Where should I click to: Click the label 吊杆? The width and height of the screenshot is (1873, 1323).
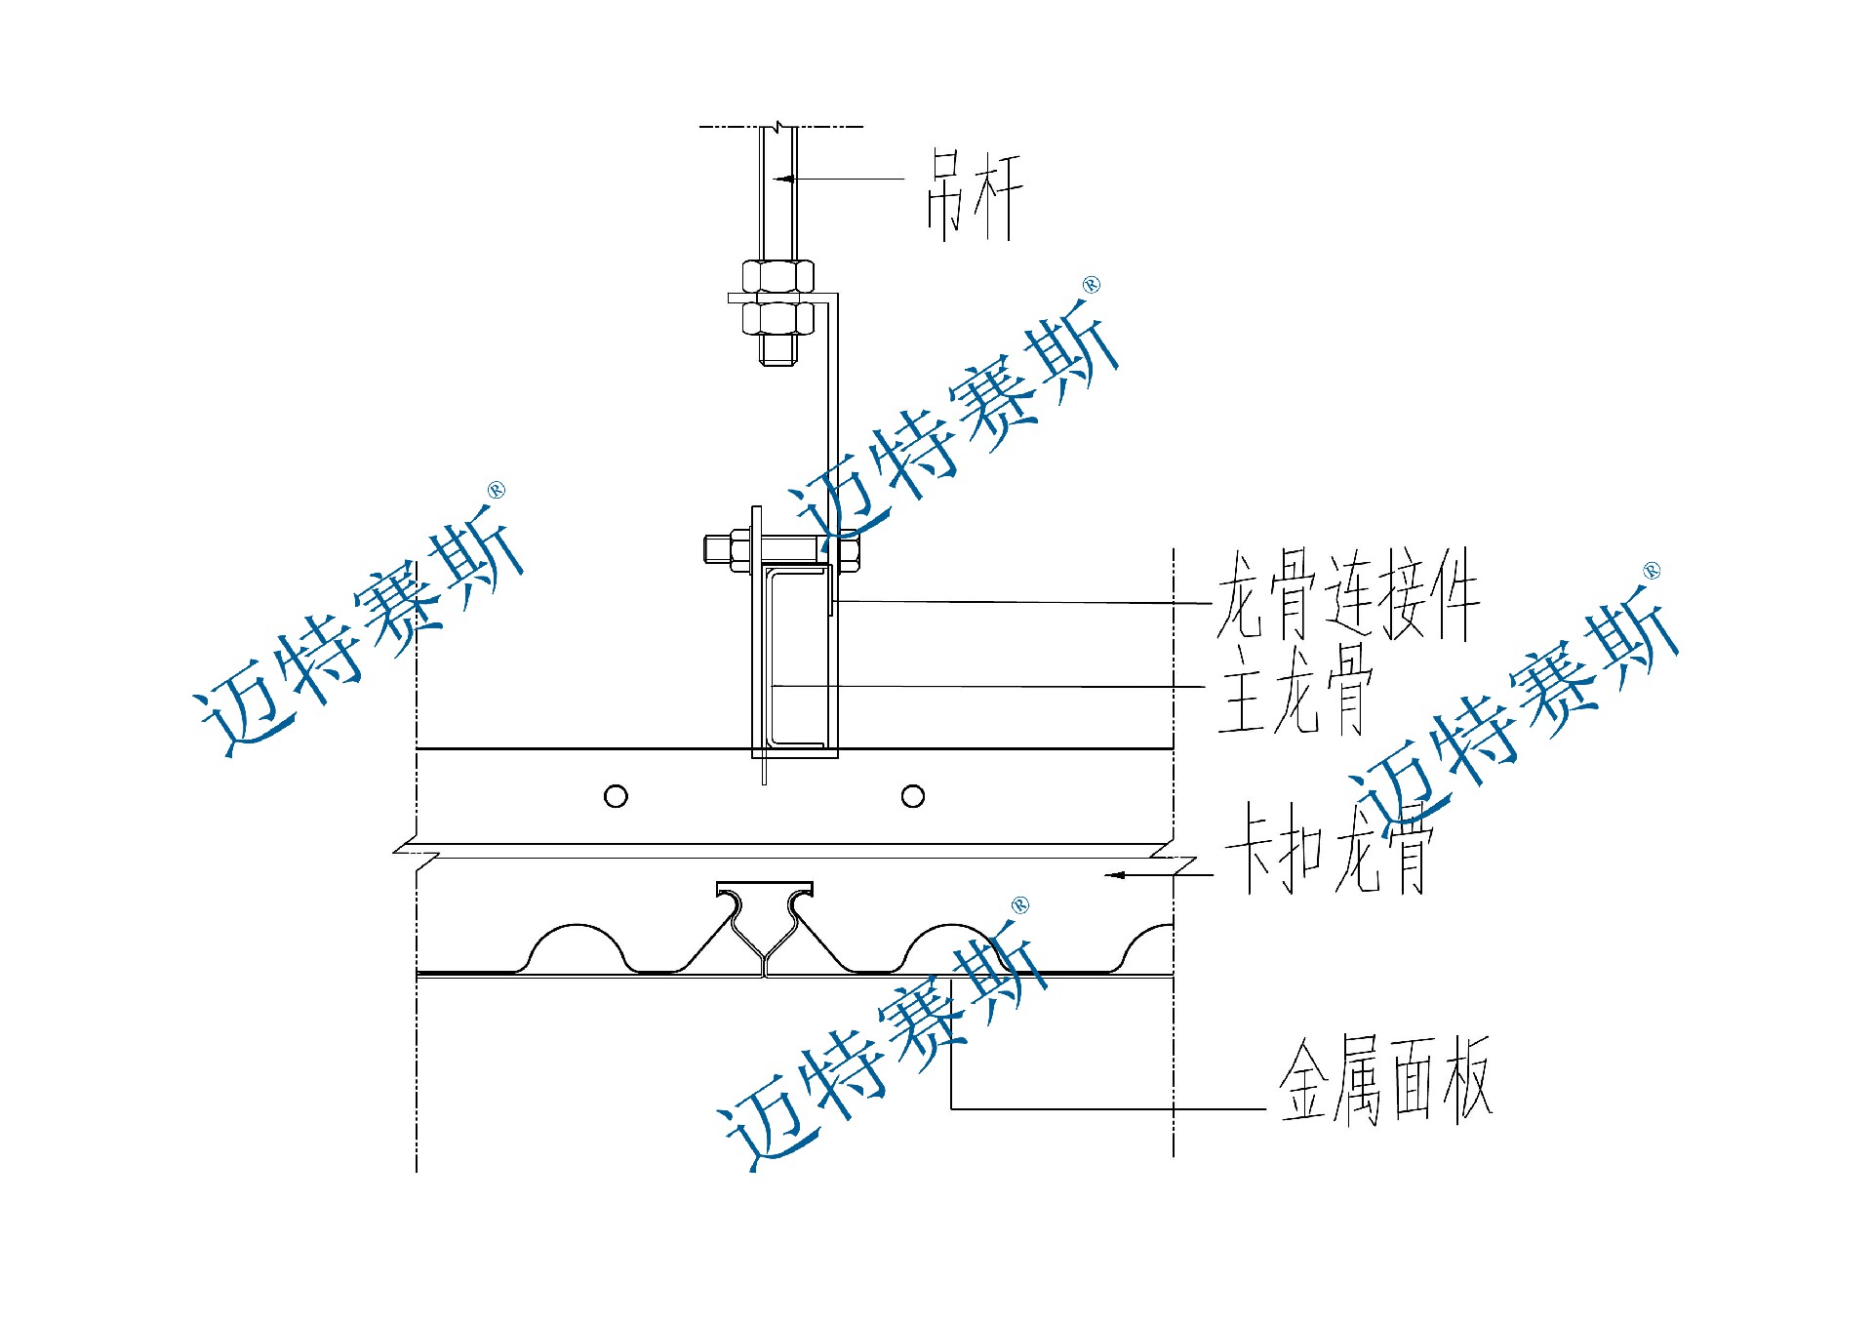click(974, 195)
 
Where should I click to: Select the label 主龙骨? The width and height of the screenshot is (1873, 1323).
click(1295, 688)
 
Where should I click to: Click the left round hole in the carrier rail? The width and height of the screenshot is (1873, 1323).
click(616, 796)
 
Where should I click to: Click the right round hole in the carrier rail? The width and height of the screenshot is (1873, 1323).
click(913, 796)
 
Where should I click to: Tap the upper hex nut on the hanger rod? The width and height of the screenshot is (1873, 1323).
click(777, 275)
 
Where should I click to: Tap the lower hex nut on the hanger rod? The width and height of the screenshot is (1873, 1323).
click(777, 318)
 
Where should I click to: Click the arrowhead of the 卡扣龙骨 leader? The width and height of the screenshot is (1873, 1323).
click(1115, 875)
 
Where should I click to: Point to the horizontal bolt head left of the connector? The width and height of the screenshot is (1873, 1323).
click(716, 549)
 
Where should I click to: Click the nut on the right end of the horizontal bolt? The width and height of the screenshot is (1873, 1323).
click(847, 550)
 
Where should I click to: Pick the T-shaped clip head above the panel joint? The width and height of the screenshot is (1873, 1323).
click(765, 889)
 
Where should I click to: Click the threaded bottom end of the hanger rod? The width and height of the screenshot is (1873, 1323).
click(777, 352)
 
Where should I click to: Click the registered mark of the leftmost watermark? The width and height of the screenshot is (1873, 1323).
click(497, 490)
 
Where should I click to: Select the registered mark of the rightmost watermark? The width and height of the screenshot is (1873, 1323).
click(1652, 571)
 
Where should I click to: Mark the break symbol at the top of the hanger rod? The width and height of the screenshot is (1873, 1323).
click(777, 126)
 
